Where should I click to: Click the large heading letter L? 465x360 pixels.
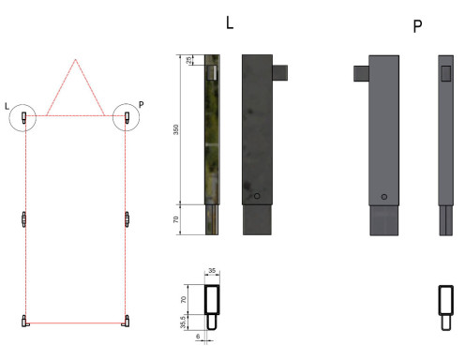230,22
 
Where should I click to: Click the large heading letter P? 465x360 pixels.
417,26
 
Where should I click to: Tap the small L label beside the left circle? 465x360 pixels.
7,106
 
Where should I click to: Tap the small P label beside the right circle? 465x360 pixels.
142,104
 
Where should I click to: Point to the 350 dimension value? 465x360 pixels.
176,129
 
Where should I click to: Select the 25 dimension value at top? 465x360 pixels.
189,60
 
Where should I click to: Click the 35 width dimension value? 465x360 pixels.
212,270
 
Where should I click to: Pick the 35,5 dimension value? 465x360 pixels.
183,322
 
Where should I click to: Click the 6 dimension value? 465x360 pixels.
198,337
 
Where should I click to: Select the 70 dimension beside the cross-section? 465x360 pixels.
184,299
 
